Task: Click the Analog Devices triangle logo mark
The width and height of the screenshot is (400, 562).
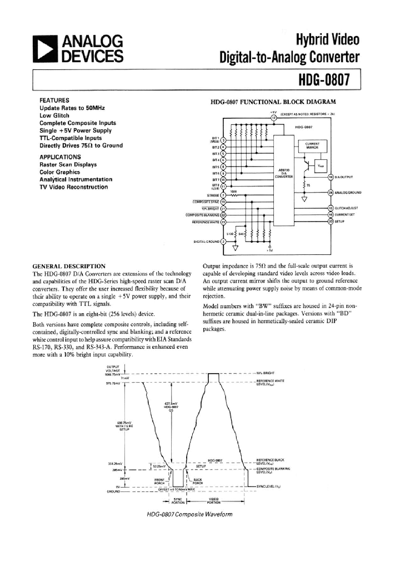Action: coord(46,48)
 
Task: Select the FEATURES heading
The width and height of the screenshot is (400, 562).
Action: coord(54,100)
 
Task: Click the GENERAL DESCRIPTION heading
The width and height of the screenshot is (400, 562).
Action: coord(69,266)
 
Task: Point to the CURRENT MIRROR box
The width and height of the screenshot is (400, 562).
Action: coord(312,145)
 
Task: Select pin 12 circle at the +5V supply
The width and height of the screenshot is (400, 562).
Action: coord(273,117)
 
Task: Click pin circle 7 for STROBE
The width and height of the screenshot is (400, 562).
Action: coord(223,195)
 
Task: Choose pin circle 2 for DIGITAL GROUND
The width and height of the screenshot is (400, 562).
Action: coord(223,241)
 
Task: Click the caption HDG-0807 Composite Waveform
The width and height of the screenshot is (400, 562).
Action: coord(189,514)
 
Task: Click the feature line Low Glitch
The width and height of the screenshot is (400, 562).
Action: coord(54,116)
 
